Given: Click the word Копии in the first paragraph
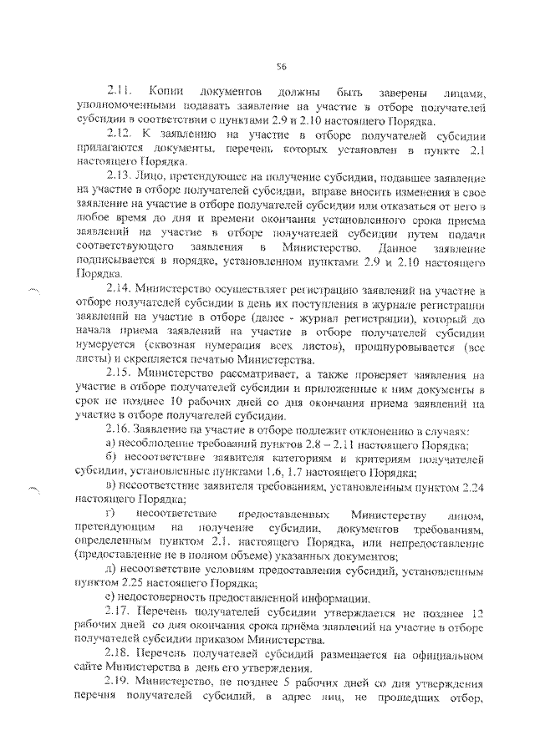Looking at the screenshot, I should tap(165, 89).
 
